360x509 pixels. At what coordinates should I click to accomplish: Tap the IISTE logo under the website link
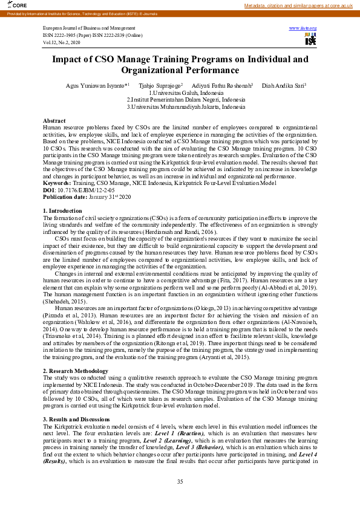pos(310,40)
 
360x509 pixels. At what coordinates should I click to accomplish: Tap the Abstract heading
pos(54,121)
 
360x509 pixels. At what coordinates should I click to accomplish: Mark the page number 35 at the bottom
pos(180,481)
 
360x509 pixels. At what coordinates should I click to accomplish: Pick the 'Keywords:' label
pos(57,183)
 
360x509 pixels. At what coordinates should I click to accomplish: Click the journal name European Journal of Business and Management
pos(89,28)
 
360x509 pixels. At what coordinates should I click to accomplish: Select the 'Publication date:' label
pos(65,196)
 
